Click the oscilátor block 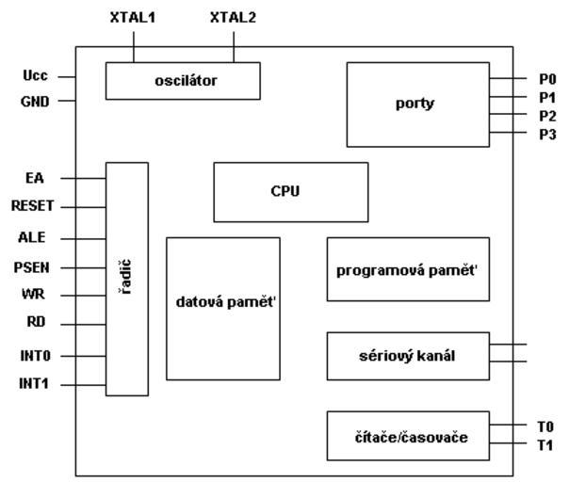pos(182,81)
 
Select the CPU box pos(291,192)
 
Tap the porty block pos(417,104)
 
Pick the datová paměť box pos(223,308)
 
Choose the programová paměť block pos(408,269)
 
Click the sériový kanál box pos(408,356)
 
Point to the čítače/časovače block pos(408,436)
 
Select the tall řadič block pos(127,279)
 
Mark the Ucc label pos(35,76)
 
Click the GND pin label pos(35,101)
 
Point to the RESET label pos(33,205)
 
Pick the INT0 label pos(34,357)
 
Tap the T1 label pos(545,445)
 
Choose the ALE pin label pos(35,237)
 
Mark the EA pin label pos(35,177)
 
